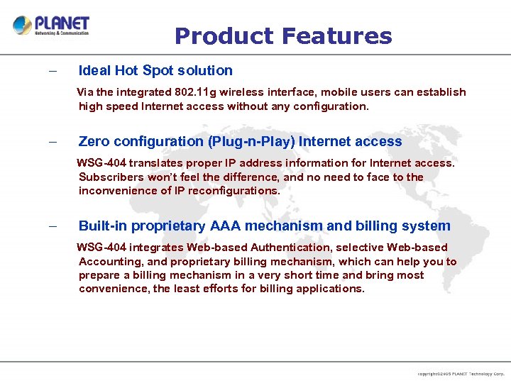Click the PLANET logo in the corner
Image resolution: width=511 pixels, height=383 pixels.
[51, 26]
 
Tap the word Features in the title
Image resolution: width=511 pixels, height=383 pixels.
[336, 35]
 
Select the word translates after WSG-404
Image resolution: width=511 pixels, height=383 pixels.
[149, 163]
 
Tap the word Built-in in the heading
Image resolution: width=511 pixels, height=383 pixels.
[101, 226]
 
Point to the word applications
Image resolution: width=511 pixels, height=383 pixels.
[330, 289]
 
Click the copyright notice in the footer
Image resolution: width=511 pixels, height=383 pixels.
[461, 373]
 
